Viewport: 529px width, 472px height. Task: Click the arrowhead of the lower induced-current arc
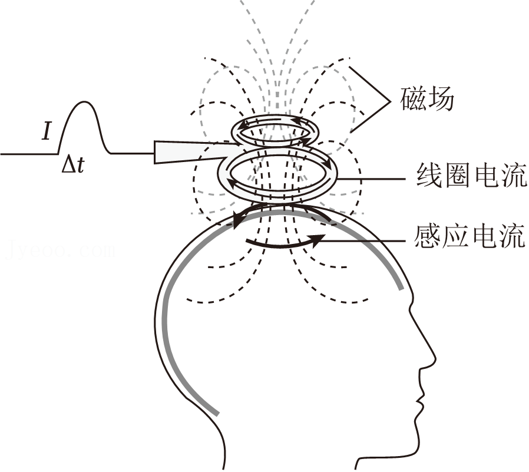[x=319, y=239]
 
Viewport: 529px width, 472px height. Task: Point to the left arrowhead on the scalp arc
[x=237, y=221]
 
